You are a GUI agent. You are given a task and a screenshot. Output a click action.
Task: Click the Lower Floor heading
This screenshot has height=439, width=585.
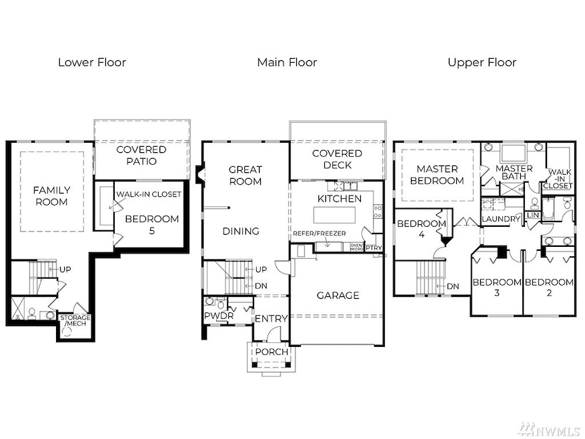92,62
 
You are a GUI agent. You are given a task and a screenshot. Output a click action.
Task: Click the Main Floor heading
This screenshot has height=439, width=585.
287,62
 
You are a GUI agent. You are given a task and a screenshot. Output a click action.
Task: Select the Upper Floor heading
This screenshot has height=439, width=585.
482,62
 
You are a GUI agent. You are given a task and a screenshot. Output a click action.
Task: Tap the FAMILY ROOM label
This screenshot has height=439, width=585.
51,196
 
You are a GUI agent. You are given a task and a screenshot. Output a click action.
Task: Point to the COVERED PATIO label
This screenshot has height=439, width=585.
141,155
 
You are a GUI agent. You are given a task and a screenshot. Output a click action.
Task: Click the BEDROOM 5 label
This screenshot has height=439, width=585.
152,224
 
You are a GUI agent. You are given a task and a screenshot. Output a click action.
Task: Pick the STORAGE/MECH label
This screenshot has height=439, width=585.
75,320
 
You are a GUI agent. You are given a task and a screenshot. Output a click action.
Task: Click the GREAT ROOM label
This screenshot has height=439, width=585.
245,175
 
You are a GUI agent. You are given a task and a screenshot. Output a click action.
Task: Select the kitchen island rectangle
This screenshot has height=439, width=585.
334,215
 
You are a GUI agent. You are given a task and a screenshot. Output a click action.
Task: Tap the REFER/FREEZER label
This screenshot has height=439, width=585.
320,234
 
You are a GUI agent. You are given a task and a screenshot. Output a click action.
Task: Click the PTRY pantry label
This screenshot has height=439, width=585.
374,248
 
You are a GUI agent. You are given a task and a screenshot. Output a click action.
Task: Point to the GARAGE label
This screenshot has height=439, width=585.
338,296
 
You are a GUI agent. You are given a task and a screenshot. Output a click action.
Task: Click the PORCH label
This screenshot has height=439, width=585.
271,352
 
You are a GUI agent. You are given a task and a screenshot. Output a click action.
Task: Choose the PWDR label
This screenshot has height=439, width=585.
219,316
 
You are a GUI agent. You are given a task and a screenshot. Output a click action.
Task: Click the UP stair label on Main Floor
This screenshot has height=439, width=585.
261,270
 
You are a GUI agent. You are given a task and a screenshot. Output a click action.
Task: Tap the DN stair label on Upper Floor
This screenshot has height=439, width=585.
453,287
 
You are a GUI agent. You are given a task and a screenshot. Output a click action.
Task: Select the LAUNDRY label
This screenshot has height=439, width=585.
501,219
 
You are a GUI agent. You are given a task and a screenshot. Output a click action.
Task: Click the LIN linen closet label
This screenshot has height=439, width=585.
533,215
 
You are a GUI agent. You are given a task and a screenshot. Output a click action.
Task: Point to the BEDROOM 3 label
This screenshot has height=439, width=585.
496,288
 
